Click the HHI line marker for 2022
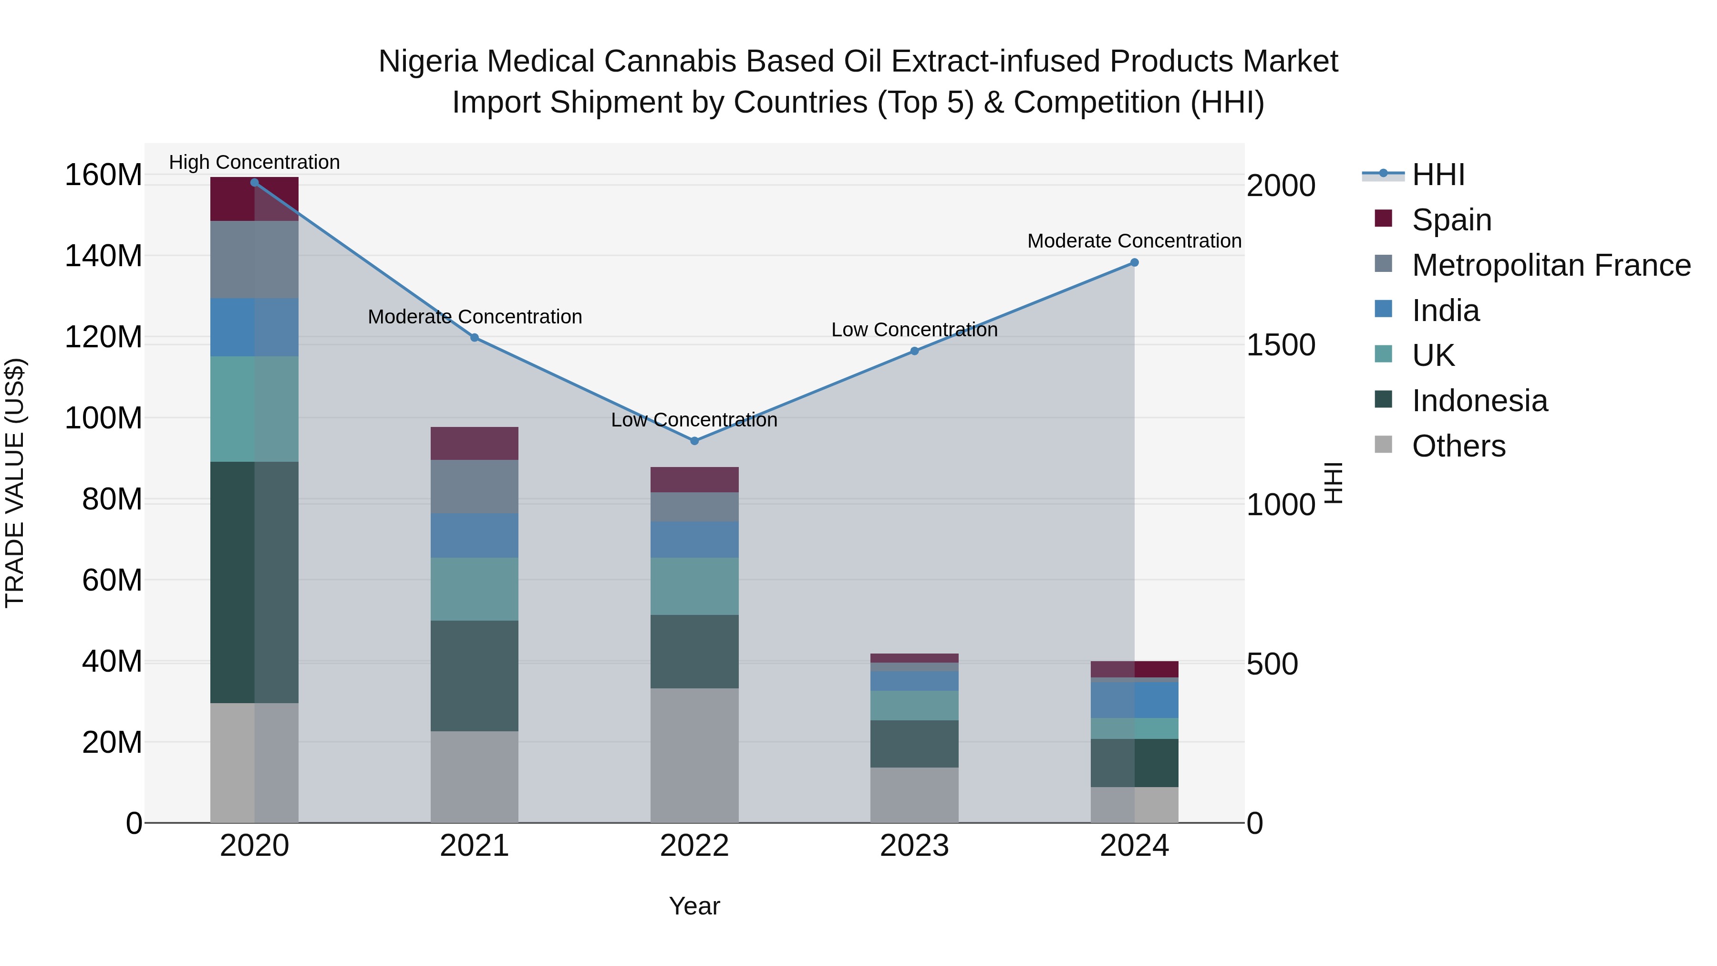[694, 441]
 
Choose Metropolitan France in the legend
[1551, 265]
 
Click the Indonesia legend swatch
[1383, 400]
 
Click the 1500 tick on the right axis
[1281, 345]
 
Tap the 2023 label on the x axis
[914, 846]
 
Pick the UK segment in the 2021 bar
[474, 589]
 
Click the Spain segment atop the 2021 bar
[474, 443]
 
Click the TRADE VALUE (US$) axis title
[15, 483]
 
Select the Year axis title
[694, 906]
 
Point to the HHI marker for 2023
[914, 351]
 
